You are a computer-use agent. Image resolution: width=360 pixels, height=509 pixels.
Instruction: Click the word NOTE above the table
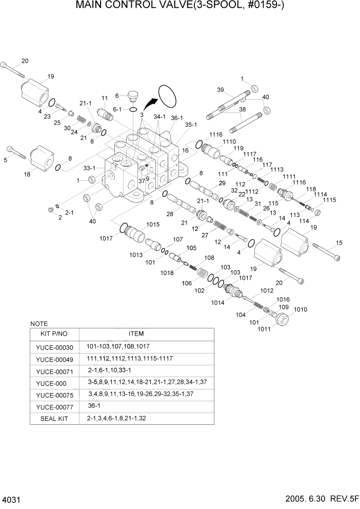point(39,324)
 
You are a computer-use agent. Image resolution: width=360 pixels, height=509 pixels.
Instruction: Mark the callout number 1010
point(301,309)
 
